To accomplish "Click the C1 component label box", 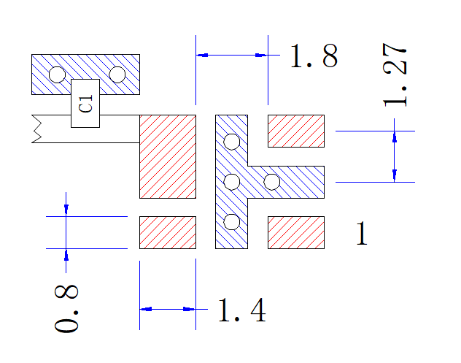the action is pos(85,103).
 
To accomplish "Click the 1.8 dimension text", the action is pos(314,56).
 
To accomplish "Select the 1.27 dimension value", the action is pos(395,74).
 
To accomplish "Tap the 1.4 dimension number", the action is pos(242,310).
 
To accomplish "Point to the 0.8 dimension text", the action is pos(66,308).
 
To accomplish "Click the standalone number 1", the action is pos(362,233).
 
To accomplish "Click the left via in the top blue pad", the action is pos(57,74).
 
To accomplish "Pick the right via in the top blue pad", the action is pos(117,74).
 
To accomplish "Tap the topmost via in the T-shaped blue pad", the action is pos(232,142).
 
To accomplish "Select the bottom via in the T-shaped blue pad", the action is pos(232,222).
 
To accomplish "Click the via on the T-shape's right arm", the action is pos(272,182).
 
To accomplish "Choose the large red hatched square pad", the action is pos(168,156).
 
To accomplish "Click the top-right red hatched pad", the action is pos(296,131).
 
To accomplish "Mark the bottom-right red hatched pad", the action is pos(296,232).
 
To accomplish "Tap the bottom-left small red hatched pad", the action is pos(168,232).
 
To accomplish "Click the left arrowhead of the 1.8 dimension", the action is pos(202,55).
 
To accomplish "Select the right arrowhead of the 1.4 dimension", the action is pos(190,309).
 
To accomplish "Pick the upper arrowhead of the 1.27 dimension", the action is pos(395,137).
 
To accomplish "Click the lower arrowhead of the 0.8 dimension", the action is pos(66,255).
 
